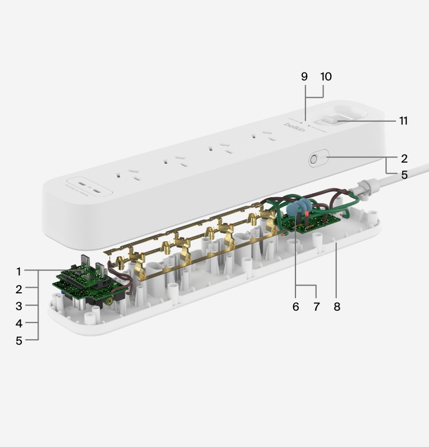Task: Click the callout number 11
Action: pyautogui.click(x=403, y=121)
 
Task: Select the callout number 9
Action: pyautogui.click(x=304, y=77)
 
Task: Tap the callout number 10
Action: pyautogui.click(x=326, y=77)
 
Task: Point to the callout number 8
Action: pyautogui.click(x=336, y=306)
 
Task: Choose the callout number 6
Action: pyautogui.click(x=295, y=306)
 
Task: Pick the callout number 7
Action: pyautogui.click(x=316, y=306)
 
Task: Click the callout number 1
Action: pyautogui.click(x=18, y=272)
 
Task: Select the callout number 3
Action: pyautogui.click(x=18, y=306)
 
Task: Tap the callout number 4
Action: pyautogui.click(x=18, y=323)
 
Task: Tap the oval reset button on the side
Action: pyautogui.click(x=314, y=159)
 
